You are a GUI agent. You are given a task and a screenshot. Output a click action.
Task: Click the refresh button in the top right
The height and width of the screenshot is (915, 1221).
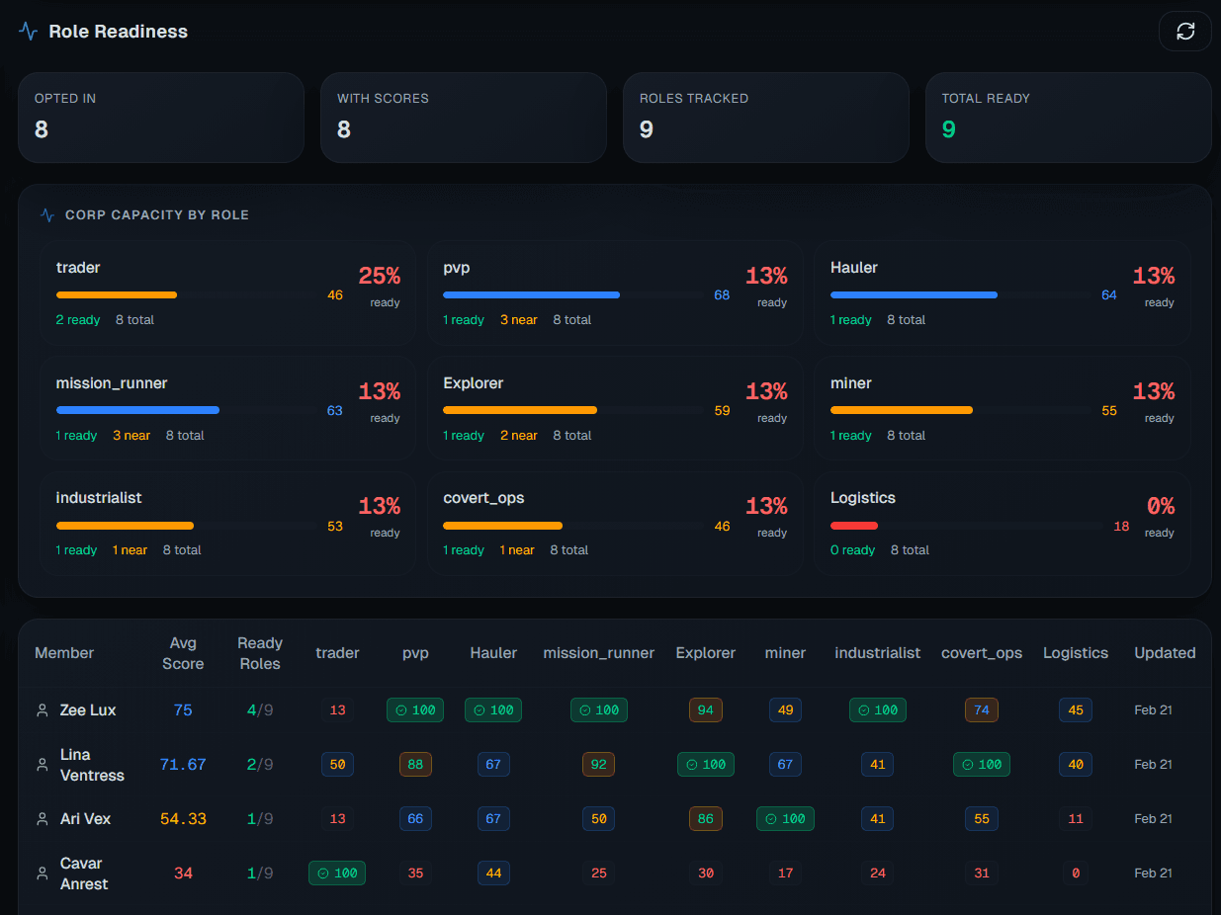click(1184, 32)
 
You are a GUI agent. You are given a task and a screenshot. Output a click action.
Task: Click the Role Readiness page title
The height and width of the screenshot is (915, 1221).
click(118, 32)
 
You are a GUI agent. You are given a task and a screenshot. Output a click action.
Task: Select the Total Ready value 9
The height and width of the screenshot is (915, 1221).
click(948, 129)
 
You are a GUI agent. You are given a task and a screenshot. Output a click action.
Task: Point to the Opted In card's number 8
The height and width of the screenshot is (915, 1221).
click(42, 129)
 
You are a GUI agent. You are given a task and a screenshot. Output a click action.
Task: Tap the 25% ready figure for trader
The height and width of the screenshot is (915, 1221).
click(379, 277)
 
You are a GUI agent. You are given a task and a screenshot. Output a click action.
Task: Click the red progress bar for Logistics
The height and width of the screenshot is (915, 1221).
click(853, 526)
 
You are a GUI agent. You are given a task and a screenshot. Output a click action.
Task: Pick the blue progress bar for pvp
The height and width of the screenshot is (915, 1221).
click(531, 294)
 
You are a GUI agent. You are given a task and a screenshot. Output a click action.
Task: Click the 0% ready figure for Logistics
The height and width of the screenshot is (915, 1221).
click(1160, 507)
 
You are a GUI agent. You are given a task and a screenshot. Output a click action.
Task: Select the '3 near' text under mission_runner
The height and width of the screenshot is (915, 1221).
click(131, 436)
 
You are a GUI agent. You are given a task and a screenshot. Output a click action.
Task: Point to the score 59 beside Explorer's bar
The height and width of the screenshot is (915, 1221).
click(722, 410)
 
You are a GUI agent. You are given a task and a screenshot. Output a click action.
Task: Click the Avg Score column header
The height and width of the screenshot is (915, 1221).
click(183, 653)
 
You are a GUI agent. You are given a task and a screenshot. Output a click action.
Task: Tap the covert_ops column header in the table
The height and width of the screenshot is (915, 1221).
click(982, 653)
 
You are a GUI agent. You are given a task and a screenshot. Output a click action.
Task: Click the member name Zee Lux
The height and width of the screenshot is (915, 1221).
click(88, 709)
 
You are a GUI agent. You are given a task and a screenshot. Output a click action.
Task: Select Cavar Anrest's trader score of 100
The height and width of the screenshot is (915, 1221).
click(337, 873)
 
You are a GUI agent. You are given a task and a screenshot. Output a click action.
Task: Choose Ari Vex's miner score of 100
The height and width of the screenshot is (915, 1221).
click(785, 818)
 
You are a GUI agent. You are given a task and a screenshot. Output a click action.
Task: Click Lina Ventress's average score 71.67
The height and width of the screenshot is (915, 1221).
click(183, 764)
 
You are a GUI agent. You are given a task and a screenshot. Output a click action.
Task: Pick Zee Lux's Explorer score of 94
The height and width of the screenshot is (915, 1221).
click(706, 709)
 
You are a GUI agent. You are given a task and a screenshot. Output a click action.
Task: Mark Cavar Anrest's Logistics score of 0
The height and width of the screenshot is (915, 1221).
click(1076, 873)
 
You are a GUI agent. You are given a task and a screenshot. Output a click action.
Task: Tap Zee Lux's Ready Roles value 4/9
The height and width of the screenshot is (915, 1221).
click(260, 709)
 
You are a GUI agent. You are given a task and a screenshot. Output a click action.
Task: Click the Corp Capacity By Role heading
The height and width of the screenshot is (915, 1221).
click(156, 214)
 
